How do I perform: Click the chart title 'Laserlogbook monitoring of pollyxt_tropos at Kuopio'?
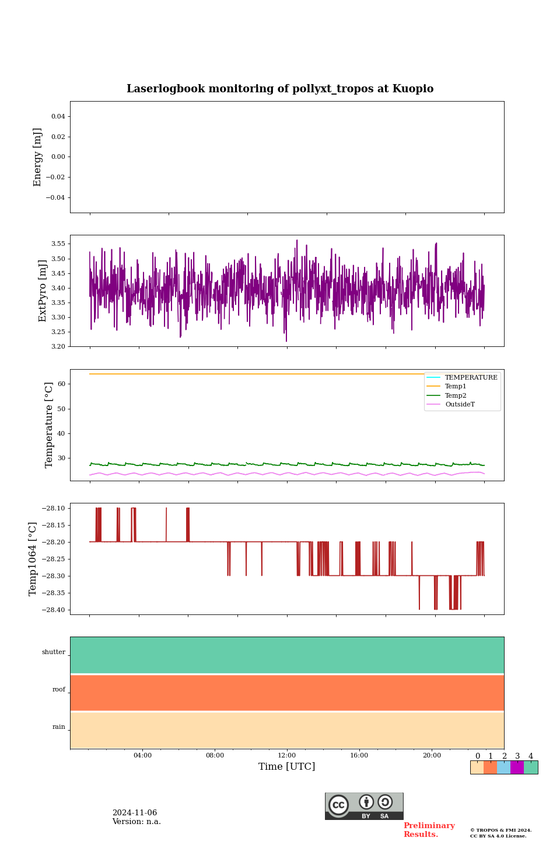[x=280, y=89]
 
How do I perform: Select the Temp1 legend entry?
[x=456, y=387]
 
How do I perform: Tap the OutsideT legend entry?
[x=460, y=405]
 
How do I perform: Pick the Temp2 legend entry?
[x=456, y=396]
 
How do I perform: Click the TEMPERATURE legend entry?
[x=471, y=378]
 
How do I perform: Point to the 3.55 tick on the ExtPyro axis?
[x=58, y=244]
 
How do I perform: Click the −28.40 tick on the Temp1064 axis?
[x=54, y=610]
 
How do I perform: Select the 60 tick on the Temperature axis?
[x=62, y=384]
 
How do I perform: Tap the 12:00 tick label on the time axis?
[x=287, y=756]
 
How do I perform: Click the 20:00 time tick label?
[x=432, y=756]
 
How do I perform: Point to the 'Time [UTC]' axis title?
[x=287, y=767]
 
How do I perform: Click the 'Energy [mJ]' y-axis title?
[x=38, y=157]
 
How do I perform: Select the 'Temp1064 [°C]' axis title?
[x=33, y=559]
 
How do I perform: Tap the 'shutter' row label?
[x=54, y=652]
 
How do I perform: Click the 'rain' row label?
[x=59, y=727]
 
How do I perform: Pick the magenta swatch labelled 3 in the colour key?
[x=517, y=767]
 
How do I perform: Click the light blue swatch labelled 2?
[x=503, y=767]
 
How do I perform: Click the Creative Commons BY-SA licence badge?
[x=364, y=806]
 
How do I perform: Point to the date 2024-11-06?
[x=135, y=813]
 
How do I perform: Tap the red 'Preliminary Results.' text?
[x=429, y=830]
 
